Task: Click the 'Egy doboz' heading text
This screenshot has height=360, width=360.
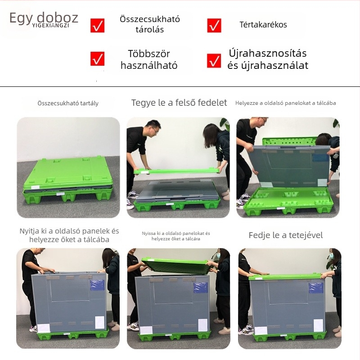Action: (x=44, y=18)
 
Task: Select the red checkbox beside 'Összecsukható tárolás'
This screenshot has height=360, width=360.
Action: (x=97, y=25)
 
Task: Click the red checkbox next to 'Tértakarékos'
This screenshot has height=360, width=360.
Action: (x=214, y=25)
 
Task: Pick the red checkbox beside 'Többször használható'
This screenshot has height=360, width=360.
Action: (x=97, y=59)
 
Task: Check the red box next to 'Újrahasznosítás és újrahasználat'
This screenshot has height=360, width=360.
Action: (x=214, y=60)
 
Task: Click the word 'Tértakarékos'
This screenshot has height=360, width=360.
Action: (x=263, y=25)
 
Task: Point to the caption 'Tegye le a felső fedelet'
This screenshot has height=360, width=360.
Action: (x=179, y=103)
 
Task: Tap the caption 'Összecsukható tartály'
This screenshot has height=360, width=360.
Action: (x=68, y=103)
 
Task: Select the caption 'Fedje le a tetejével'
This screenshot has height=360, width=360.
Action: (x=286, y=235)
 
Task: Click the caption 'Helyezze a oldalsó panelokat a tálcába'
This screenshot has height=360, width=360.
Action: (x=286, y=103)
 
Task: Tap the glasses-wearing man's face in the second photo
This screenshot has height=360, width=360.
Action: (x=153, y=129)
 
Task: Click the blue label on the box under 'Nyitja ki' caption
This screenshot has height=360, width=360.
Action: (x=97, y=285)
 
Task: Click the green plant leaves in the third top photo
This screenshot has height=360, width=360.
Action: (x=335, y=124)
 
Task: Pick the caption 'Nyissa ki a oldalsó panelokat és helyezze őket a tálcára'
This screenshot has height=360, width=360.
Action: (x=176, y=236)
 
